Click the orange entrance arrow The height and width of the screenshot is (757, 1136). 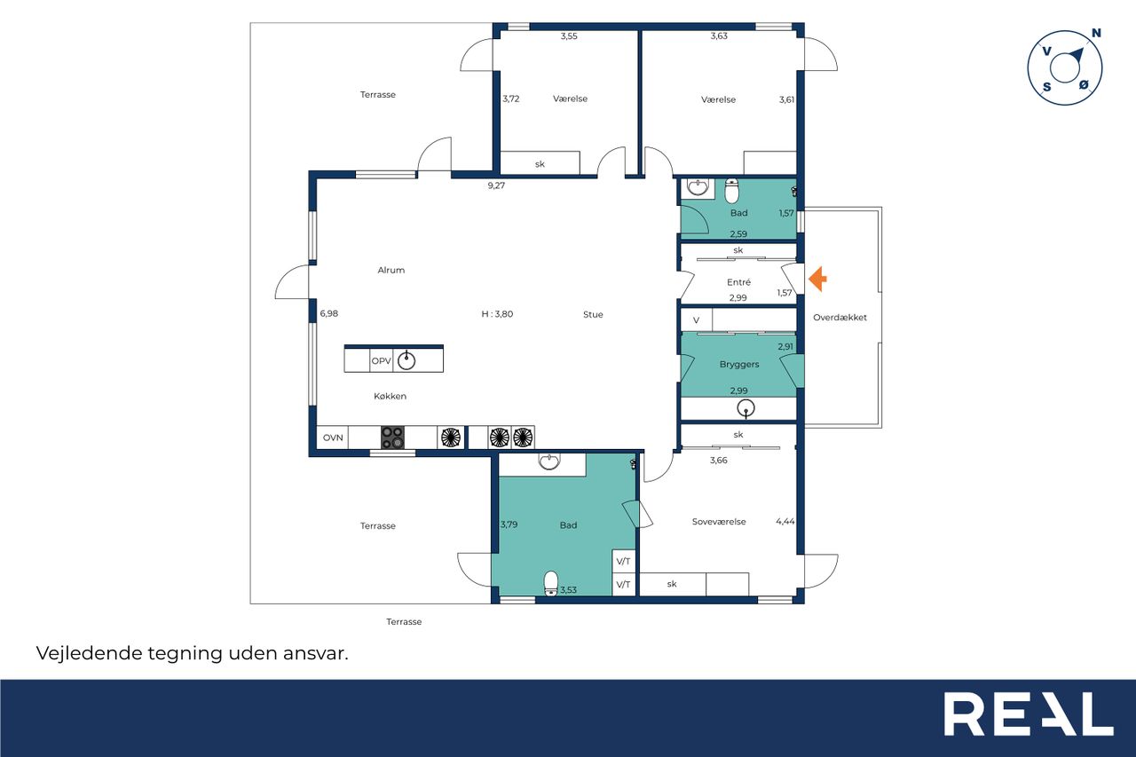pos(817,279)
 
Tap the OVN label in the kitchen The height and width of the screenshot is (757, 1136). pos(333,438)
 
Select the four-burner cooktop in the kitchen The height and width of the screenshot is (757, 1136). pos(393,438)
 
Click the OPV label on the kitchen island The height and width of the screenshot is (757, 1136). pos(382,361)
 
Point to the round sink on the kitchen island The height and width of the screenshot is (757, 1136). pos(406,360)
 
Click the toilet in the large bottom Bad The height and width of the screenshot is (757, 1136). pos(551,583)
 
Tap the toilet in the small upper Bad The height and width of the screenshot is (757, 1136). pos(731,190)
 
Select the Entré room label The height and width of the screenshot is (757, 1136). pos(738,282)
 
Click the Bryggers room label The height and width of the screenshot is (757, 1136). pos(739,364)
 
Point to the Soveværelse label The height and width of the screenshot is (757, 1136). pos(719,521)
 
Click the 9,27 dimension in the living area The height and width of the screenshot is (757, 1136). pos(496,185)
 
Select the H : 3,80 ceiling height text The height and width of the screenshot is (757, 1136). pos(497,314)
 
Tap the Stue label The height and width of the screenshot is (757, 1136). pos(593,314)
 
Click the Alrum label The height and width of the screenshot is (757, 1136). pos(391,271)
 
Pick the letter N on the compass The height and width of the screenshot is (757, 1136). pos(1096,34)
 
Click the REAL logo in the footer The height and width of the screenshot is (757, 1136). pos(1029,714)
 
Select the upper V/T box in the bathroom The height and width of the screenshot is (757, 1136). pos(623,561)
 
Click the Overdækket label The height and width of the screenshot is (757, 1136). pos(840,318)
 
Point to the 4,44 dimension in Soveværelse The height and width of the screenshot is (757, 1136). pos(785,521)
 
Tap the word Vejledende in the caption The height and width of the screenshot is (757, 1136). pos(90,653)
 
